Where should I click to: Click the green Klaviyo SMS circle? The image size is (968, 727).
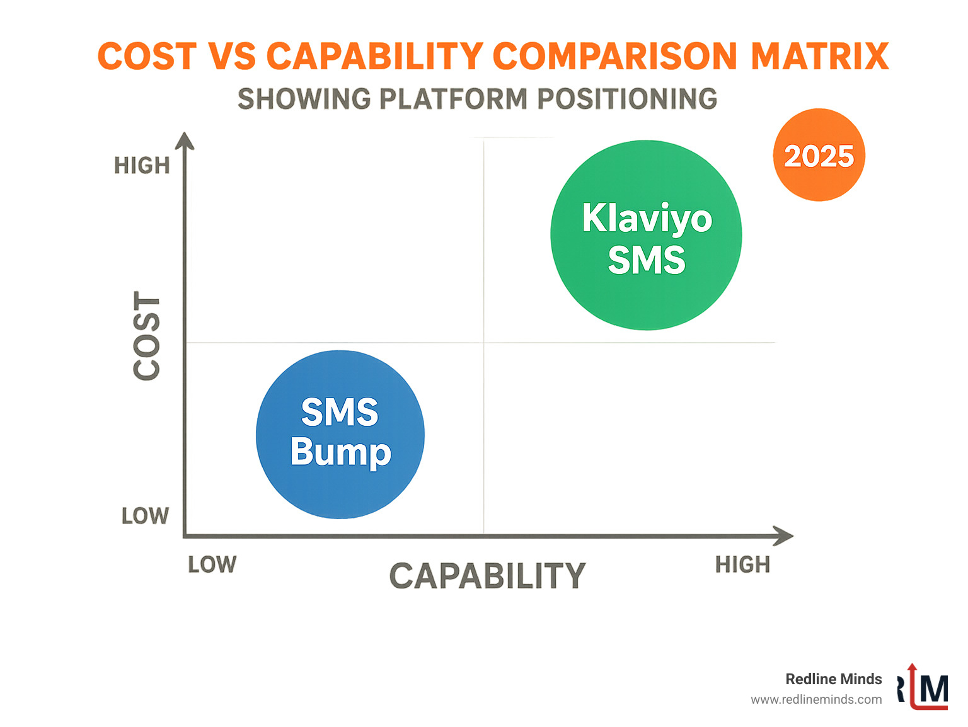[646, 235]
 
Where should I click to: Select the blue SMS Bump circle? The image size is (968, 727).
[340, 435]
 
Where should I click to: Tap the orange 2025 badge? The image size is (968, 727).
[819, 155]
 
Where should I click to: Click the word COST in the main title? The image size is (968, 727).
[147, 57]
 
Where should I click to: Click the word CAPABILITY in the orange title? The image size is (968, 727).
[375, 57]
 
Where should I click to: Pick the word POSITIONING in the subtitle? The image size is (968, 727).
[627, 99]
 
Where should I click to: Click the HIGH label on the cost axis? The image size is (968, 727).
[142, 166]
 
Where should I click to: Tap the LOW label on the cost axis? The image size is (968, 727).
[145, 516]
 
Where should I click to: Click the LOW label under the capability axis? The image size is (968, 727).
[212, 564]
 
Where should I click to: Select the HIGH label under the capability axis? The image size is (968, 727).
[742, 564]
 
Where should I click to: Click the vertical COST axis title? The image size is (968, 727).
[147, 336]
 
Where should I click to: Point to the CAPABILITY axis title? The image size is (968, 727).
[487, 576]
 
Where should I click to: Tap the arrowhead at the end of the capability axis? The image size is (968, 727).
[784, 536]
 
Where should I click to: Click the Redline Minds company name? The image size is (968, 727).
[833, 678]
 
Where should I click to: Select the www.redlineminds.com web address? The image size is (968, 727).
[816, 699]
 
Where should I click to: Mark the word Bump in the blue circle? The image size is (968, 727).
[340, 452]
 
